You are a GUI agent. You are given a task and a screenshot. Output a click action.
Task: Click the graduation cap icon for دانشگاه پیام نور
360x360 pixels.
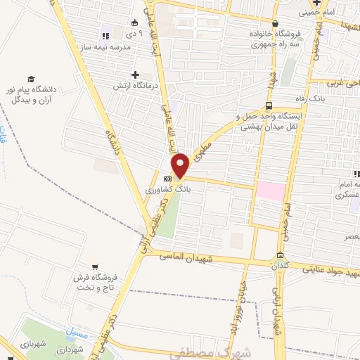[x=31, y=79]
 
